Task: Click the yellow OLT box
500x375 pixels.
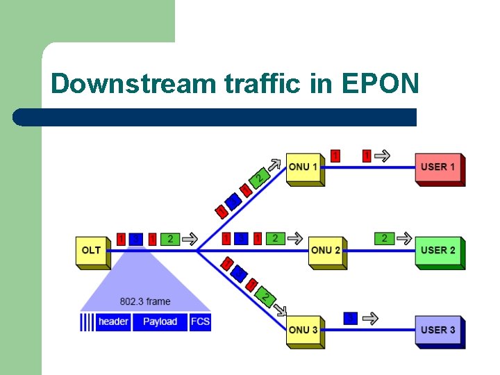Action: [x=92, y=251]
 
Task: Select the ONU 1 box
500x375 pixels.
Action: [x=303, y=167]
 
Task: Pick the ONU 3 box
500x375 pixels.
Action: [x=303, y=330]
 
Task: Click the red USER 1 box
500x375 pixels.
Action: [x=438, y=167]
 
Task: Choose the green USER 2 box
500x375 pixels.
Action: [x=438, y=251]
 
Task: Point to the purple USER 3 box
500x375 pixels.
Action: [x=438, y=330]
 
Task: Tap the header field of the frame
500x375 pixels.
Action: [x=112, y=322]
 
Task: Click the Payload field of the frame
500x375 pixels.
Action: [x=160, y=322]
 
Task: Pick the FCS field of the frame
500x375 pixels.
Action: [x=200, y=322]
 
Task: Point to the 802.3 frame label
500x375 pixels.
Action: [x=145, y=301]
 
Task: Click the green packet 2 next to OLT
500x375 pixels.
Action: [x=170, y=239]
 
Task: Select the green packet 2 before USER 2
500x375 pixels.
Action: [x=385, y=238]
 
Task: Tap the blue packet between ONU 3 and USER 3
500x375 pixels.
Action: [x=351, y=318]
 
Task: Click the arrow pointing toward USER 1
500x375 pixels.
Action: [x=382, y=156]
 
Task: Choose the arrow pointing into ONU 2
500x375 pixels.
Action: [x=295, y=239]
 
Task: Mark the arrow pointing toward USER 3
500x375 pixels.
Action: [x=371, y=319]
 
